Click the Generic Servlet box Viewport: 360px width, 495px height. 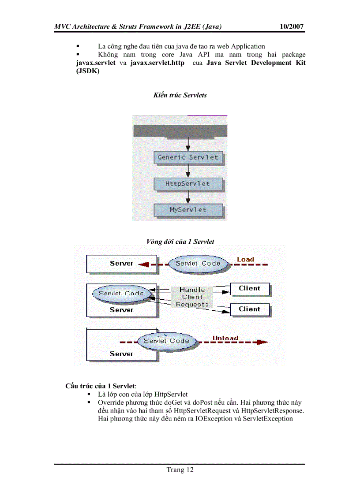coord(188,157)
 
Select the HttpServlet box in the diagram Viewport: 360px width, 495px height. coord(188,184)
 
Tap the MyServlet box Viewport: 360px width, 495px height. coord(188,210)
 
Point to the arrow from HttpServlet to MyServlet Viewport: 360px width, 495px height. coord(188,197)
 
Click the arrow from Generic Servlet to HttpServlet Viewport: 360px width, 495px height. coord(188,171)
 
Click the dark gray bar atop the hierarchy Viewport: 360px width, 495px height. coord(180,131)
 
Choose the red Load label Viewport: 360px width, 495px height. coord(245,259)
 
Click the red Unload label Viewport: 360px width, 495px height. coord(225,338)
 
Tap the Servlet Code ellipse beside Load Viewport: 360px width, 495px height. coord(198,264)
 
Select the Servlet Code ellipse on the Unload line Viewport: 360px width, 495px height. coord(166,341)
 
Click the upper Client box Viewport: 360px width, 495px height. coord(249,289)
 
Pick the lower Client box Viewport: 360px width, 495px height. coord(249,309)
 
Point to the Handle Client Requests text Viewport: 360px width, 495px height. coord(192,297)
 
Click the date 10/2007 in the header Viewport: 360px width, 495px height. coord(292,27)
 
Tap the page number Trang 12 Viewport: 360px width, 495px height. coord(180,470)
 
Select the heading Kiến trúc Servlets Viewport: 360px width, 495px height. coord(180,95)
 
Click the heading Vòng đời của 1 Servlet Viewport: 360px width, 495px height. coord(180,241)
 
